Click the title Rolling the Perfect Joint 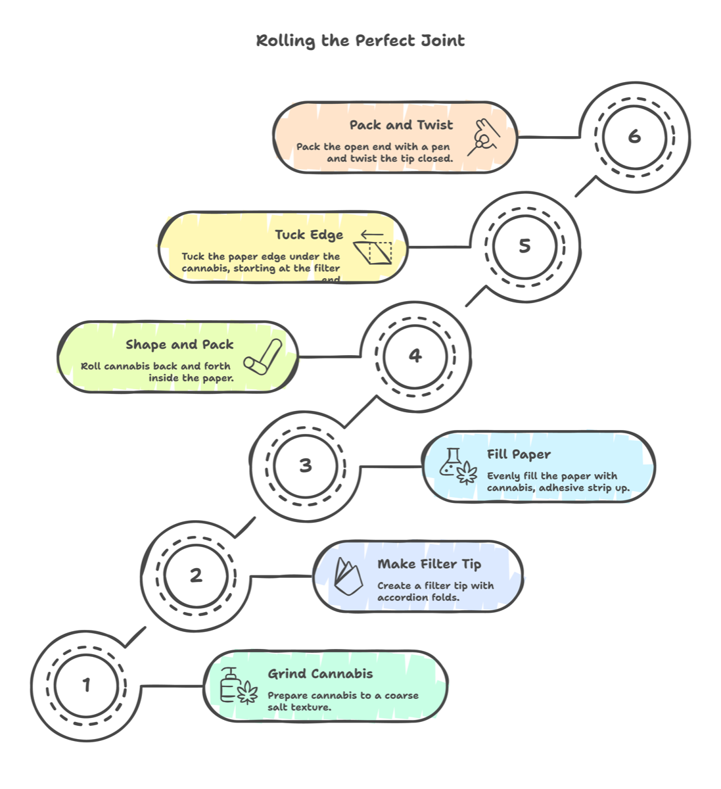360,41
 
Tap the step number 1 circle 86,685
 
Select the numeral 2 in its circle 196,575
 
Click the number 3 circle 306,466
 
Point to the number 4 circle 415,356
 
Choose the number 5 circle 524,246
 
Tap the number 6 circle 634,136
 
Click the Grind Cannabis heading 320,674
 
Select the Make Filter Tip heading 429,564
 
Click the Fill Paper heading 519,454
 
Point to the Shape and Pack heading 179,345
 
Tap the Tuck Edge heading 309,235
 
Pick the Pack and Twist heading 401,125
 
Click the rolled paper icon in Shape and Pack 263,356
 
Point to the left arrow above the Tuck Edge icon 372,235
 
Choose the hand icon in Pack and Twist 484,137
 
